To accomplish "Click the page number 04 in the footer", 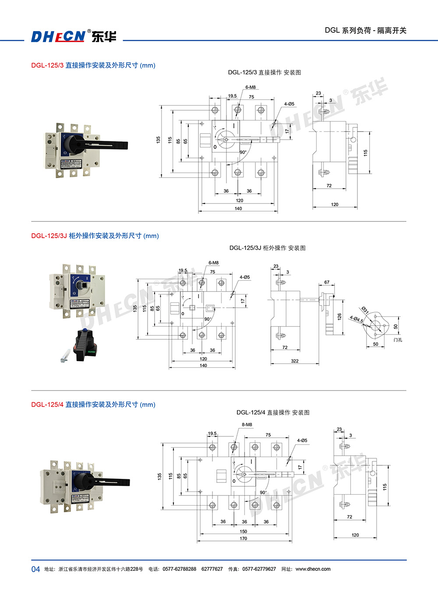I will pos(35,569).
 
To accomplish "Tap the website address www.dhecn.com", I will pos(313,569).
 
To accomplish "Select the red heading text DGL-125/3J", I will pos(49,236).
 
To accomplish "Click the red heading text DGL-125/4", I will pos(47,405).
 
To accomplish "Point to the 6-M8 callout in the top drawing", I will pos(251,88).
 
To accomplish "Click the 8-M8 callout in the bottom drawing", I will pos(247,425).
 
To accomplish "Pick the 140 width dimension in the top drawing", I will pos(238,209).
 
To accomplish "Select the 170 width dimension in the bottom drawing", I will pos(244,539).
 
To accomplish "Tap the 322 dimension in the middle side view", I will pos(295,361).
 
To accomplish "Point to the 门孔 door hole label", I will pos(398,340).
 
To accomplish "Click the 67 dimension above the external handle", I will pos(327,282).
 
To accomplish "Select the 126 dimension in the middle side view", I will pos(339,316).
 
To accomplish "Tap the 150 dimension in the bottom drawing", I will pos(244,531).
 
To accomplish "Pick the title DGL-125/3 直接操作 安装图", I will pos(264,73).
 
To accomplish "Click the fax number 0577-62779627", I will pos(259,569).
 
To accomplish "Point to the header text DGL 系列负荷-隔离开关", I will pos(365,31).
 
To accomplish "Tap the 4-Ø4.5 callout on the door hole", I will pos(356,319).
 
